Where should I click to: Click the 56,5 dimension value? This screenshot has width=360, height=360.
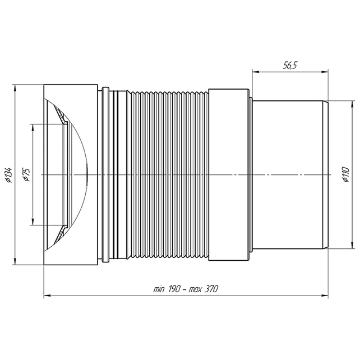(290, 66)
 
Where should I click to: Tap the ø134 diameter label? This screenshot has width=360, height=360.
(9, 175)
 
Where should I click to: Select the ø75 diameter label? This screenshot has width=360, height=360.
(26, 175)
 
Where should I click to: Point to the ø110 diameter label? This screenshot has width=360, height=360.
(345, 175)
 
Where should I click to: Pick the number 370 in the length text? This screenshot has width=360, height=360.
(211, 289)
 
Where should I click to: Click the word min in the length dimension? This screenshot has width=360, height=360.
(159, 289)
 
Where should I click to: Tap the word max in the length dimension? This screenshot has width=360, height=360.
(195, 290)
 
